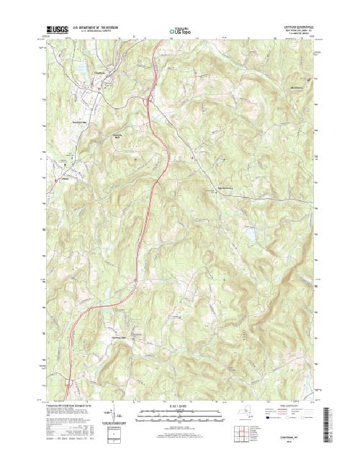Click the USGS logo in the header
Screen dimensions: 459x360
pyautogui.click(x=57, y=31)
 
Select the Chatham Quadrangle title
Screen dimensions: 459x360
pyautogui.click(x=300, y=28)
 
